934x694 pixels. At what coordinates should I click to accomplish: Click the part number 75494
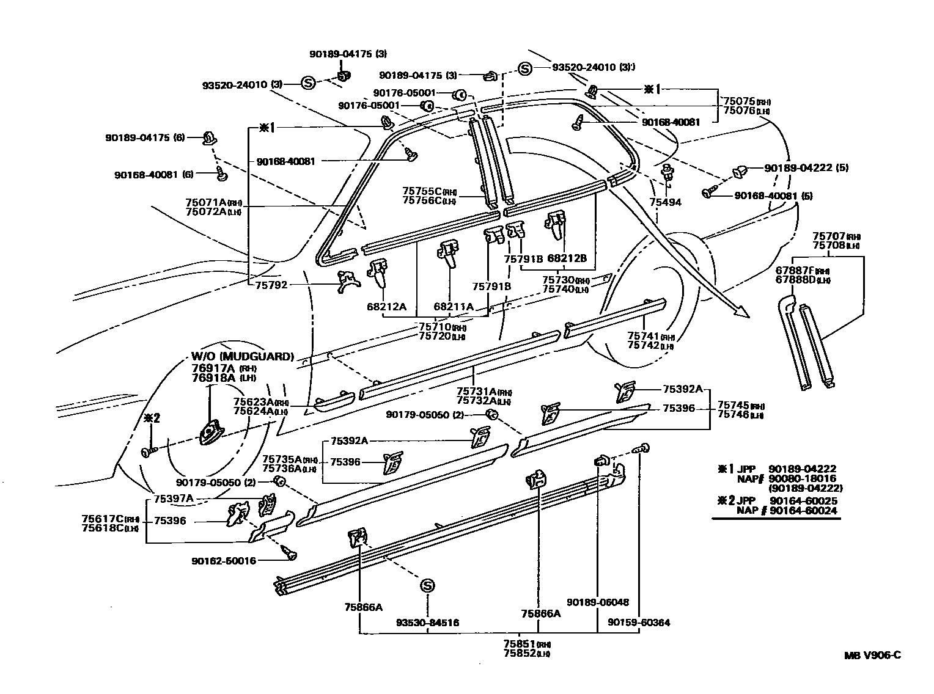click(x=665, y=202)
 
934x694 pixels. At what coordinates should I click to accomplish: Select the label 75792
click(x=271, y=285)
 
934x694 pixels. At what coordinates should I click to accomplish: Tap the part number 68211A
click(x=454, y=306)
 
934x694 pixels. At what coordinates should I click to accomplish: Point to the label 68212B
click(x=567, y=258)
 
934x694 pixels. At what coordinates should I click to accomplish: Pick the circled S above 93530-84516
click(x=427, y=586)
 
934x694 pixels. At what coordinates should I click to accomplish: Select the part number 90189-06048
click(x=597, y=602)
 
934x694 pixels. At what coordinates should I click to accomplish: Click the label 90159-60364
click(x=639, y=623)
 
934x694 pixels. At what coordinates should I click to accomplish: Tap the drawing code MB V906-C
click(x=872, y=656)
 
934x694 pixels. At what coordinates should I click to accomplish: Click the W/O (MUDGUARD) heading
click(x=242, y=357)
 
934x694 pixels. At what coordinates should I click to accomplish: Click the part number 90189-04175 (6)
click(x=149, y=137)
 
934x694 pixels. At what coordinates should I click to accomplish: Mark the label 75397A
click(x=173, y=499)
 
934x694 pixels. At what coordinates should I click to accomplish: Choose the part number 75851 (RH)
click(x=520, y=644)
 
